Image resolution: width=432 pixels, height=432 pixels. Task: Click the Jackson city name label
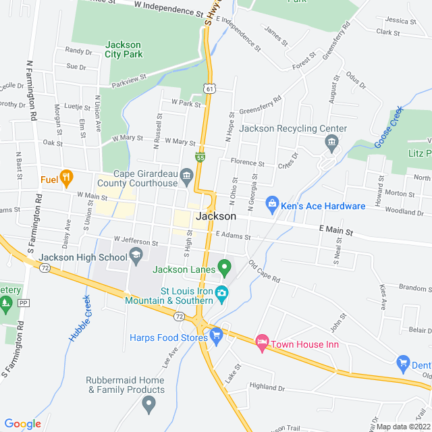tap(216, 217)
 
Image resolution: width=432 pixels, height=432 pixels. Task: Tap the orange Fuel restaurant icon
tap(66, 179)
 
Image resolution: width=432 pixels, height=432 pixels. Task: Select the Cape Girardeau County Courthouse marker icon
tap(187, 175)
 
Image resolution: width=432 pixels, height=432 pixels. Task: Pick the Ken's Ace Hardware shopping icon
tap(272, 202)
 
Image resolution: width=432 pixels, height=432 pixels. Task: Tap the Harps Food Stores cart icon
tap(216, 334)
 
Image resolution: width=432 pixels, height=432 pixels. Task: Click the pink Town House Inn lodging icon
tap(263, 344)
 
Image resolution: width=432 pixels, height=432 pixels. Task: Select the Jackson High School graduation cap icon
tap(136, 256)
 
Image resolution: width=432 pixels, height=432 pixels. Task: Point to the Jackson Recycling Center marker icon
tap(331, 142)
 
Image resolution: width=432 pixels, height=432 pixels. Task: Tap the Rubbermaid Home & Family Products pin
tap(150, 404)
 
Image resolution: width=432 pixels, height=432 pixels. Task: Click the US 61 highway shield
tap(211, 88)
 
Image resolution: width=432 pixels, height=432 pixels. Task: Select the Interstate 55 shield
tap(200, 157)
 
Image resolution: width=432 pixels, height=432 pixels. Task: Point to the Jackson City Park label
tap(123, 50)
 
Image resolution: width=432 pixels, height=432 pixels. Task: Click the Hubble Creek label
tap(79, 317)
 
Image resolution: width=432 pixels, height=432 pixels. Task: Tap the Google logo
tap(22, 423)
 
